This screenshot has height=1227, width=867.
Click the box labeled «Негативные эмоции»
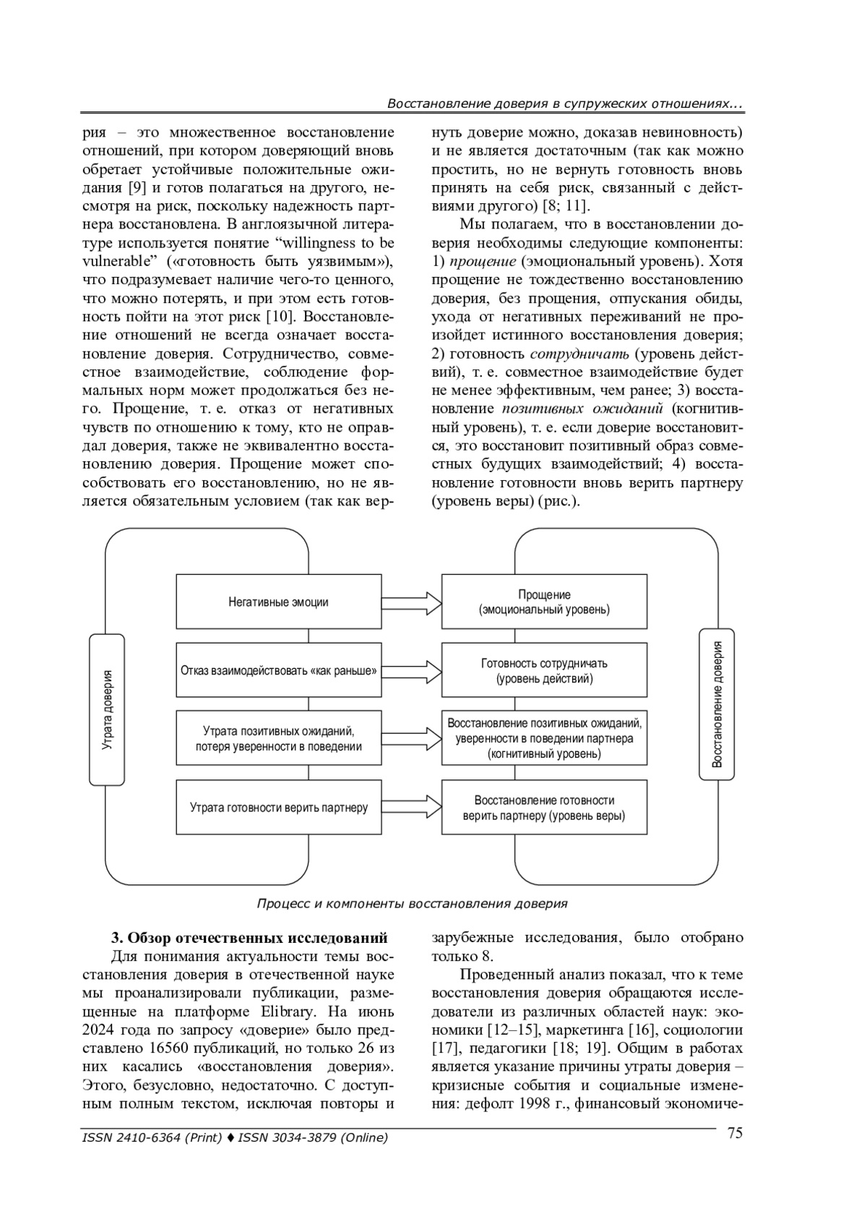(x=278, y=602)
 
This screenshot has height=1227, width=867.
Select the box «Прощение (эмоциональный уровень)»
(x=544, y=602)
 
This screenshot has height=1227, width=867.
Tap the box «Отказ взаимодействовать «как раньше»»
(x=278, y=670)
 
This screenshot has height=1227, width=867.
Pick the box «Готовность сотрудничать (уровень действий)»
(x=544, y=670)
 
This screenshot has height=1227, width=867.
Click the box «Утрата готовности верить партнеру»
(x=278, y=807)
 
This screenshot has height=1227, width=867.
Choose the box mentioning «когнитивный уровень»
(x=544, y=738)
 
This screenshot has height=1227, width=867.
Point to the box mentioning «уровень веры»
(x=544, y=807)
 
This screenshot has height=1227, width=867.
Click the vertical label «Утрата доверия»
(x=107, y=709)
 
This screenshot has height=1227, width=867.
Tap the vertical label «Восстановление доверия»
(x=717, y=704)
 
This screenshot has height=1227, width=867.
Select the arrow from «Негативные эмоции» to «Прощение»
(x=411, y=602)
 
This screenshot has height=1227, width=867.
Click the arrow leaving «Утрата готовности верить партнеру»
(x=411, y=807)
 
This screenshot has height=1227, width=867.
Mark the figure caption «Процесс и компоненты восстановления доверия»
(x=412, y=903)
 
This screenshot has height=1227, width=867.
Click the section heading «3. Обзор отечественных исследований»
(x=249, y=939)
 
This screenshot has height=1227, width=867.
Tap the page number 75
(x=734, y=1133)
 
